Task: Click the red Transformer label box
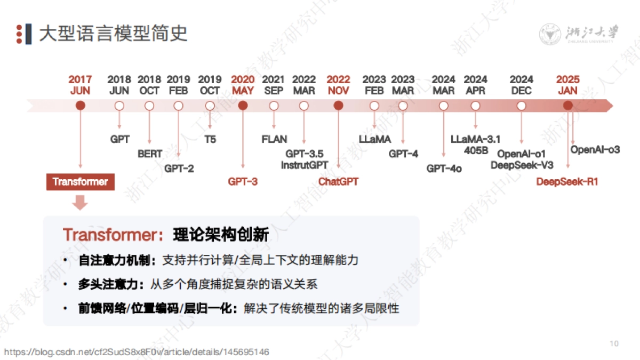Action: pyautogui.click(x=80, y=182)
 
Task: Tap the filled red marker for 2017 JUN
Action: pyautogui.click(x=81, y=106)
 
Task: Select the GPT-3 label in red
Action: pyautogui.click(x=243, y=182)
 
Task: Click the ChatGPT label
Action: pyautogui.click(x=338, y=182)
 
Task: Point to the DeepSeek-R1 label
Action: pyautogui.click(x=567, y=182)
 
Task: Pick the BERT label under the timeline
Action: pyautogui.click(x=150, y=154)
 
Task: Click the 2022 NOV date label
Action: pyautogui.click(x=338, y=85)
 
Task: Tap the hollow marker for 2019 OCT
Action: pyautogui.click(x=210, y=106)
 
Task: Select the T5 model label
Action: pyautogui.click(x=210, y=140)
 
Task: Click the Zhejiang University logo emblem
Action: pyautogui.click(x=549, y=34)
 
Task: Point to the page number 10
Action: pyautogui.click(x=614, y=343)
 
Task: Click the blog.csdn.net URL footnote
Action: pyautogui.click(x=137, y=352)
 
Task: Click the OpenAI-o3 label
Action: pyautogui.click(x=595, y=150)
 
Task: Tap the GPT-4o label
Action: pyautogui.click(x=444, y=169)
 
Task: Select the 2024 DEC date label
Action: pyautogui.click(x=521, y=85)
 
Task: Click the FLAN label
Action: pyautogui.click(x=274, y=140)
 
